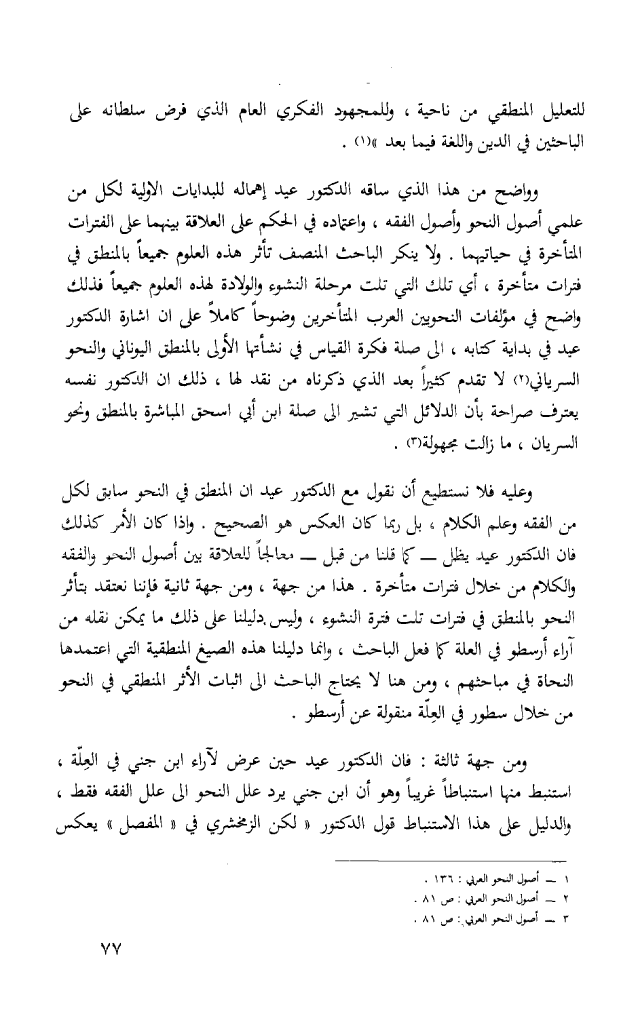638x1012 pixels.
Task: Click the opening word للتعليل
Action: coord(554,112)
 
